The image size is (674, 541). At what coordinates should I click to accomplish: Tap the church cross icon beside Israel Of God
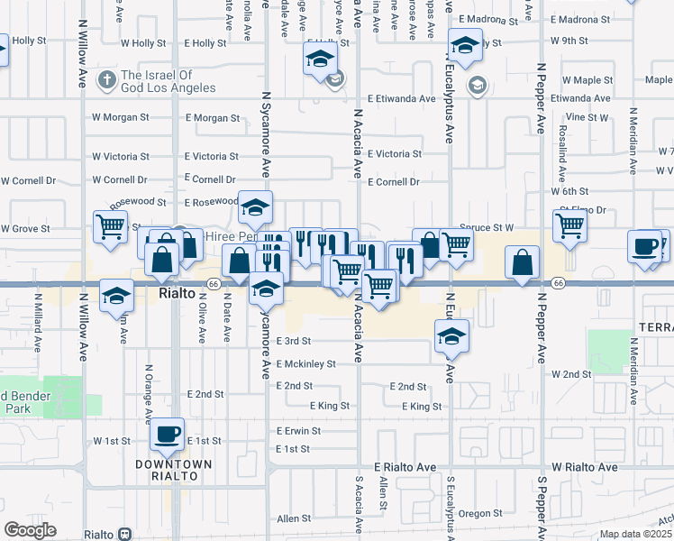pyautogui.click(x=106, y=80)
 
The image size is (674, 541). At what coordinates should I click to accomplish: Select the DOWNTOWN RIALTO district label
pyautogui.click(x=174, y=470)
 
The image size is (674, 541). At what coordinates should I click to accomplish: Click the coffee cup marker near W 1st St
pyautogui.click(x=167, y=434)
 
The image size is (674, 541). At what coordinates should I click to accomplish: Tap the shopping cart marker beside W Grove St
pyautogui.click(x=111, y=227)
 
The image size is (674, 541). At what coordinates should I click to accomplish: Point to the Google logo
pyautogui.click(x=30, y=530)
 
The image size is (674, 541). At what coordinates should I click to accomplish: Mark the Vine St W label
pyautogui.click(x=587, y=117)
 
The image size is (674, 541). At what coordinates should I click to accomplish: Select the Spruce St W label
pyautogui.click(x=486, y=227)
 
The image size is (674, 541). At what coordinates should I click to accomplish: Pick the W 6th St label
pyautogui.click(x=569, y=192)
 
